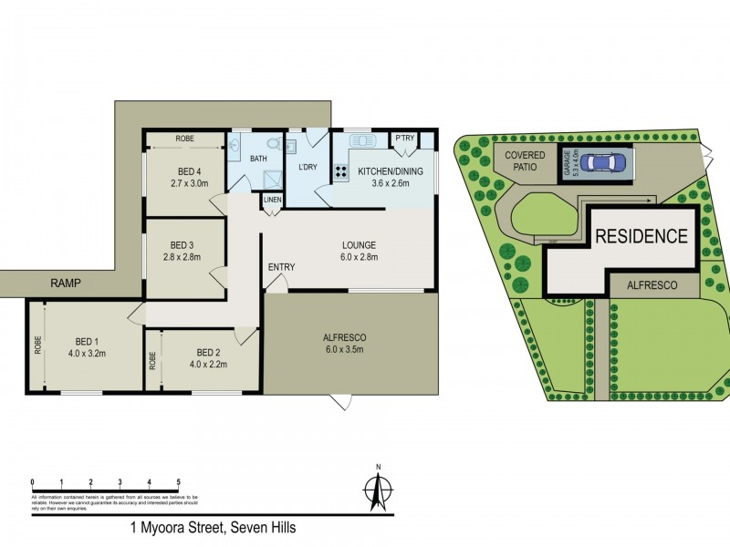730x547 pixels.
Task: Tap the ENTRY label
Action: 281,266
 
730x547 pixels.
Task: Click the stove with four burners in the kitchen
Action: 340,170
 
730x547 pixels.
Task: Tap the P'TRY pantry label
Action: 404,139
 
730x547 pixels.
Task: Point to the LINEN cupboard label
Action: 273,200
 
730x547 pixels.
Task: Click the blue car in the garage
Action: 606,163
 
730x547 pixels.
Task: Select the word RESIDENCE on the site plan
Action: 641,236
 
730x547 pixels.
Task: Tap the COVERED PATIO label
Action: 524,161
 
